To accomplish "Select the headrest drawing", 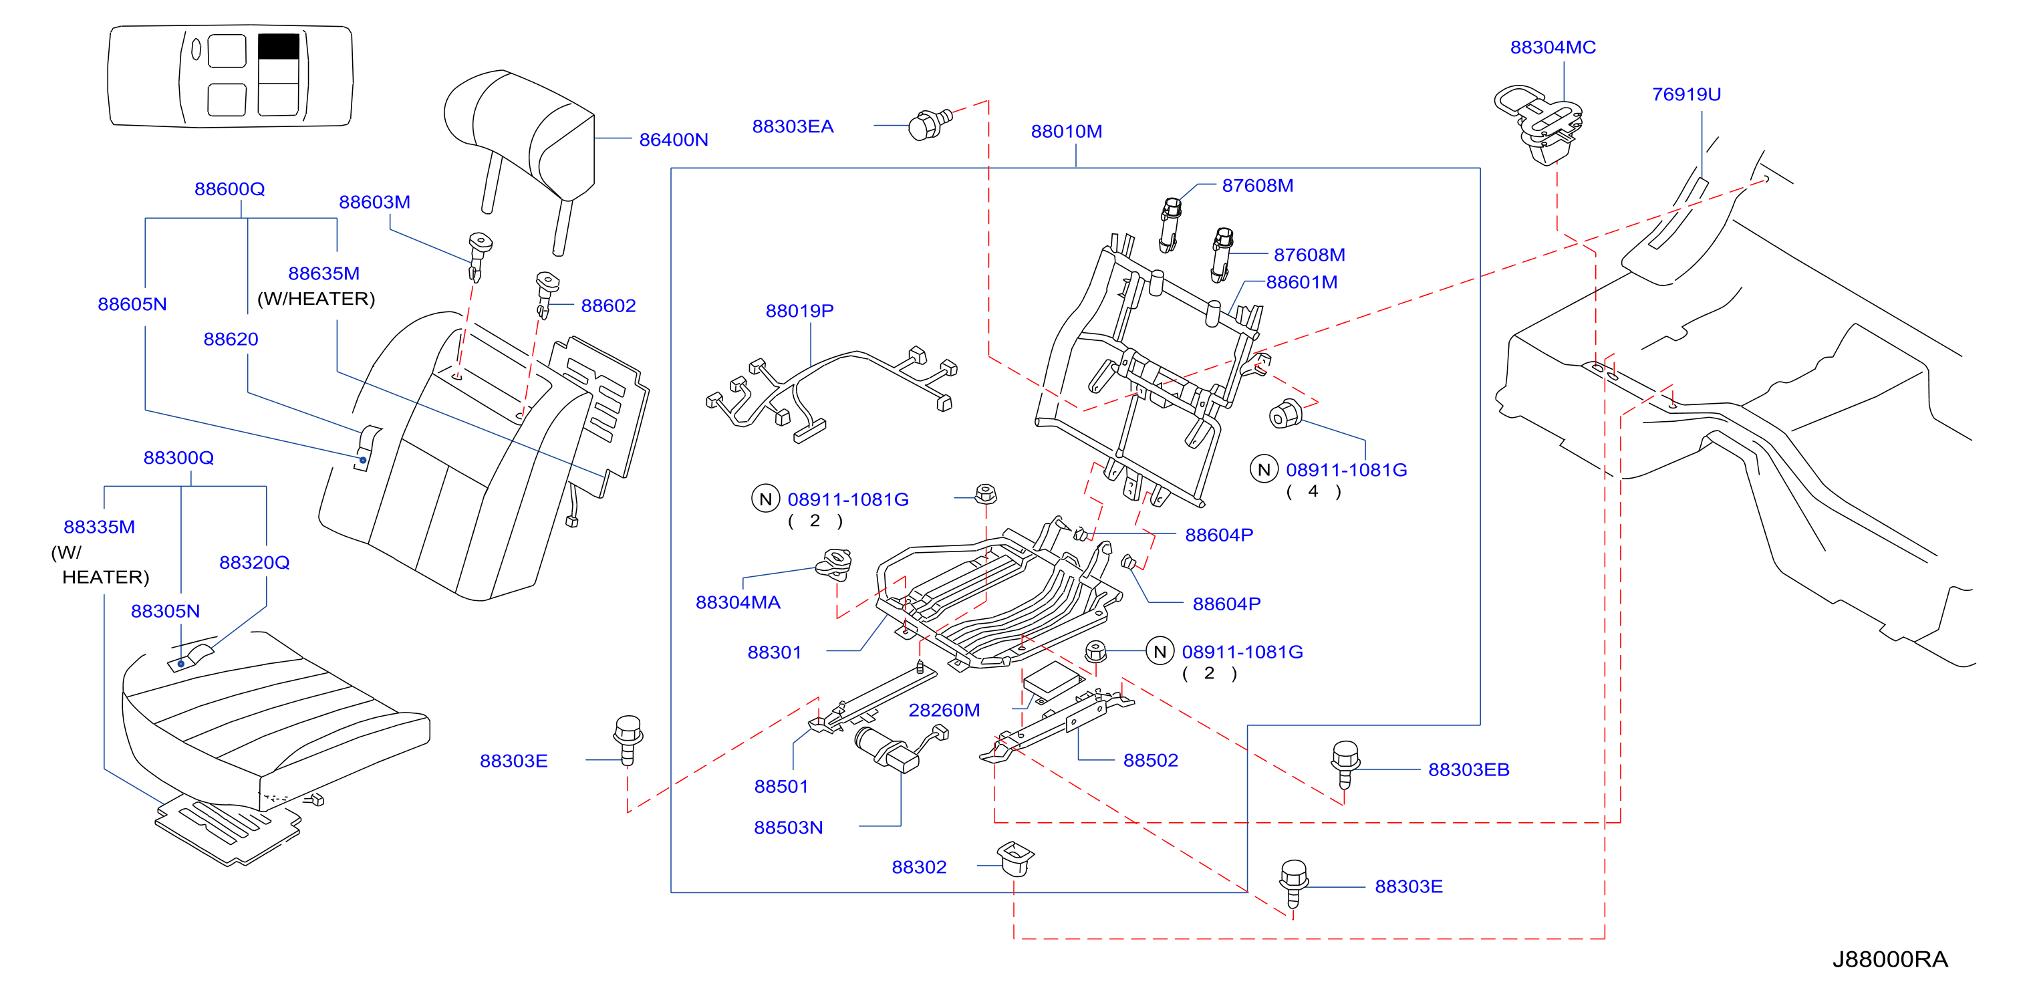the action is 520,150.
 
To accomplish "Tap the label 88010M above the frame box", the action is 1066,132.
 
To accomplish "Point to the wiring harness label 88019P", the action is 799,311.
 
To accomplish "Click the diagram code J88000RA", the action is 1890,959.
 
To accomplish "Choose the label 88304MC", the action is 1552,47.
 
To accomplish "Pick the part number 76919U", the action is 1686,94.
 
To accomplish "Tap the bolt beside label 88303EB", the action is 1345,763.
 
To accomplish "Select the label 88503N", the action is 789,828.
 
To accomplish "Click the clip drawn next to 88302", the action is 1015,858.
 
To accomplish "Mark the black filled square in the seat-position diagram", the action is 279,46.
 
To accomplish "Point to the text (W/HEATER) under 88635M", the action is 316,299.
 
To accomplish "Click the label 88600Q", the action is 230,189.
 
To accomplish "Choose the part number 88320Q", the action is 254,562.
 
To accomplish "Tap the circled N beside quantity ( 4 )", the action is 1264,469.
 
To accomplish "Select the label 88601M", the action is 1301,282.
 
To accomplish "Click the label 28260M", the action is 944,710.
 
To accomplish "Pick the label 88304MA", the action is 738,602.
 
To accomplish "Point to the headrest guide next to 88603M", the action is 479,255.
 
